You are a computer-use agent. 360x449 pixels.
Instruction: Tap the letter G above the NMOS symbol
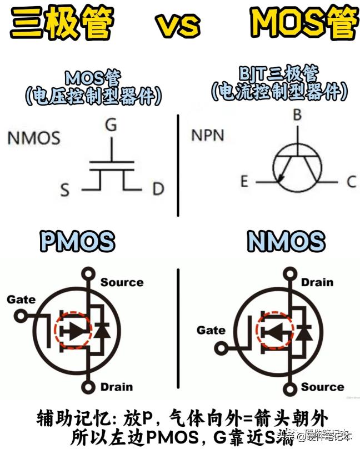pyautogui.click(x=111, y=125)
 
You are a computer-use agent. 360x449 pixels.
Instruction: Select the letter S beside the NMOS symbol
pyautogui.click(x=65, y=191)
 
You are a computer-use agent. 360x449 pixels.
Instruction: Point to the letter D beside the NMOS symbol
pyautogui.click(x=158, y=189)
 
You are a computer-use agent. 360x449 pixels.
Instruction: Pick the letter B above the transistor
pyautogui.click(x=297, y=116)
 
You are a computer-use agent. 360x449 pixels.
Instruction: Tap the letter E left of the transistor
pyautogui.click(x=244, y=181)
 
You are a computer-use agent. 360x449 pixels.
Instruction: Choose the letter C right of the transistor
pyautogui.click(x=351, y=181)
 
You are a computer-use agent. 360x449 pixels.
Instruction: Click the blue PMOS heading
pyautogui.click(x=77, y=242)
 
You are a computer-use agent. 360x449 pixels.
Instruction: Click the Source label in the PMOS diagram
pyautogui.click(x=122, y=282)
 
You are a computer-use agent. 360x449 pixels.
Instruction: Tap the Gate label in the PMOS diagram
pyautogui.click(x=21, y=300)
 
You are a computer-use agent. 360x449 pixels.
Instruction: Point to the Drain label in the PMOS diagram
pyautogui.click(x=117, y=387)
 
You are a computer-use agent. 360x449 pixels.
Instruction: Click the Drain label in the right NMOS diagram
pyautogui.click(x=317, y=282)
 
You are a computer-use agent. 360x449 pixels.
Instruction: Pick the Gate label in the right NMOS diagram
pyautogui.click(x=211, y=331)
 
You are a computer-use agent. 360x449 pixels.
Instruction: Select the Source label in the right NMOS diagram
pyautogui.click(x=322, y=387)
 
